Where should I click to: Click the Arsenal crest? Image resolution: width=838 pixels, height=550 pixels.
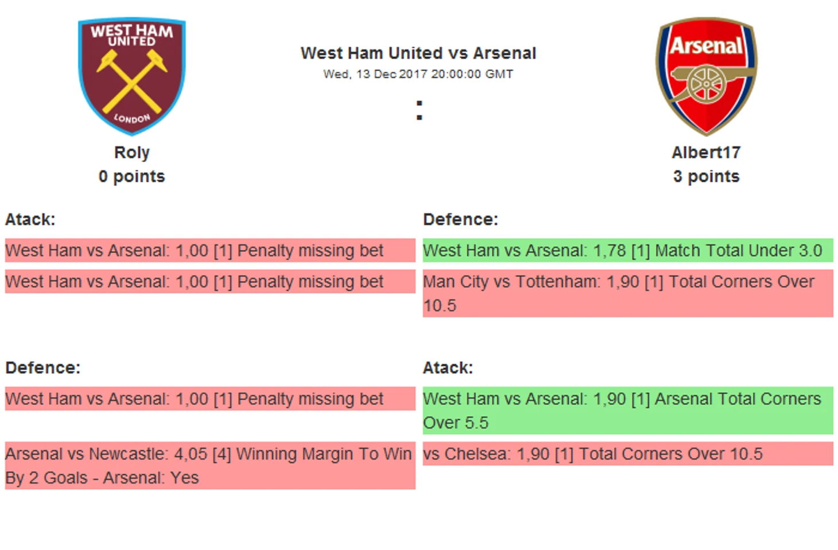pyautogui.click(x=707, y=76)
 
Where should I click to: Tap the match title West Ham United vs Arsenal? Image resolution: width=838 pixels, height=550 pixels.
pyautogui.click(x=418, y=53)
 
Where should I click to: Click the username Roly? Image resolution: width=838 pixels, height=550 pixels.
pyautogui.click(x=131, y=153)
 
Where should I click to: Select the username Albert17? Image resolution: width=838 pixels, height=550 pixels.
pyautogui.click(x=707, y=152)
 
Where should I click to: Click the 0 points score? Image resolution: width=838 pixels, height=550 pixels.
pyautogui.click(x=131, y=176)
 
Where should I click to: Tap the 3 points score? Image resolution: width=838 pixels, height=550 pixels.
pyautogui.click(x=707, y=176)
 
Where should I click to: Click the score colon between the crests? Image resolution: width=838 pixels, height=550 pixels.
pyautogui.click(x=420, y=110)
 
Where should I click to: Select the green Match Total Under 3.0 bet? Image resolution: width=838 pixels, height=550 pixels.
pyautogui.click(x=628, y=250)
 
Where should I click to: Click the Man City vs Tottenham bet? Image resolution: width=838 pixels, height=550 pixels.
pyautogui.click(x=628, y=294)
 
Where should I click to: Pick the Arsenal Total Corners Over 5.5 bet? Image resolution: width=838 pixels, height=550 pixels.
pyautogui.click(x=628, y=411)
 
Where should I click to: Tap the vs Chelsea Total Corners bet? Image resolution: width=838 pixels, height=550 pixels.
pyautogui.click(x=628, y=454)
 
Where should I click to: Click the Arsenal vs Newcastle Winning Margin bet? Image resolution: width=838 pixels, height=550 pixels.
pyautogui.click(x=210, y=466)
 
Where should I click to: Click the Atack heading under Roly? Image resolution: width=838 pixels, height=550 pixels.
pyautogui.click(x=30, y=220)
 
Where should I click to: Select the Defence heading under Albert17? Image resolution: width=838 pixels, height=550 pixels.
pyautogui.click(x=460, y=220)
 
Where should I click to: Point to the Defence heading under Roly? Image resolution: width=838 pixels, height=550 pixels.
pyautogui.click(x=42, y=368)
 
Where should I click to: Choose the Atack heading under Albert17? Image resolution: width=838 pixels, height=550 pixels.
pyautogui.click(x=448, y=368)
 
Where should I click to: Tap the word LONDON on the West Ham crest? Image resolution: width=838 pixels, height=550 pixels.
pyautogui.click(x=131, y=118)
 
